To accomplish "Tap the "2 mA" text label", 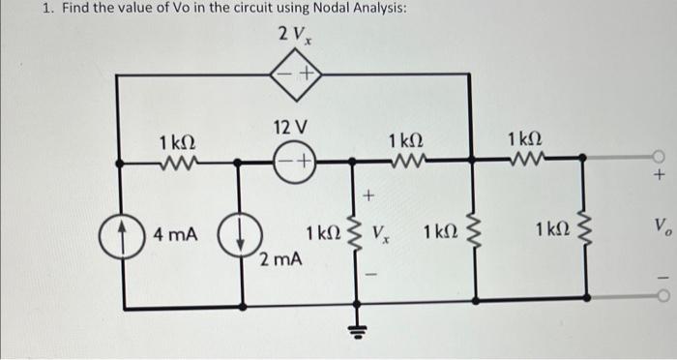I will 280,259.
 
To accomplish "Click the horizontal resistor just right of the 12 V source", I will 403,156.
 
